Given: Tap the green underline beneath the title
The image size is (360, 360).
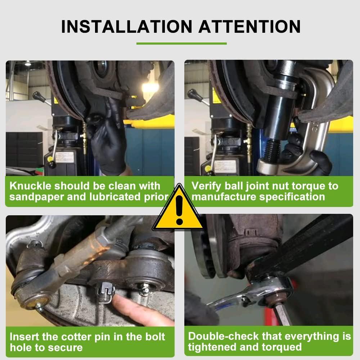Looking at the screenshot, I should [181, 44].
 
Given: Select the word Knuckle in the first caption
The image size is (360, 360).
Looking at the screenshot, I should [30, 186].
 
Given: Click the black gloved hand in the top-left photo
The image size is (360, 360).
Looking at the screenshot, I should [108, 144].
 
